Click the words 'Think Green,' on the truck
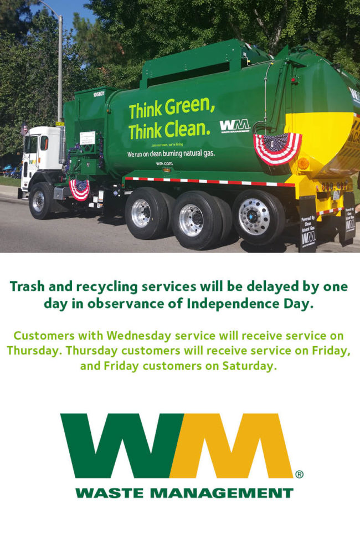[172, 109]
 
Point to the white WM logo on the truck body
[234, 127]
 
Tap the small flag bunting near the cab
[80, 189]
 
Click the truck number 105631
[99, 94]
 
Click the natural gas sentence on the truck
[171, 153]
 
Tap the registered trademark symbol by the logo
[299, 474]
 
